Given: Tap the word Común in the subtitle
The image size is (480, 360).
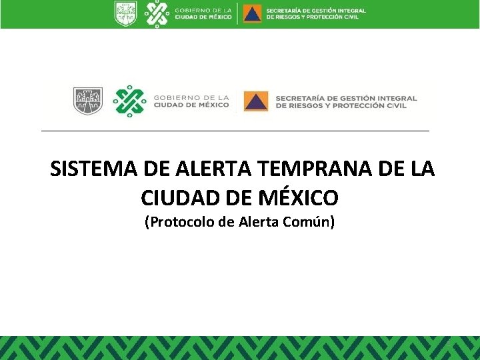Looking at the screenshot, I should [309, 222].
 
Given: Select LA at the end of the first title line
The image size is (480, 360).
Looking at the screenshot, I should [421, 169].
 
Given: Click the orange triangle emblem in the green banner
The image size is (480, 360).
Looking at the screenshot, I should [252, 13].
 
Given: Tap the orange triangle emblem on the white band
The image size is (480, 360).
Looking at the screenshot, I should [255, 101].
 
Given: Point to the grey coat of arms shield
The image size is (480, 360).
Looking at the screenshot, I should [88, 101].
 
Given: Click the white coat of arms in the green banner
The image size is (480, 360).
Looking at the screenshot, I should [125, 13].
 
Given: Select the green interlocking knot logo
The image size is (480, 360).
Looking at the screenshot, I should [129, 101].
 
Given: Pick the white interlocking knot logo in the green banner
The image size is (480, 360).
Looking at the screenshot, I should [157, 13].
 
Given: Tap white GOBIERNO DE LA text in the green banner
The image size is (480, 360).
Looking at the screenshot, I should [203, 10].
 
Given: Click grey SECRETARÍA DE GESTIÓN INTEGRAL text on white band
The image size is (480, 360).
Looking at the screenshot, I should [346, 97].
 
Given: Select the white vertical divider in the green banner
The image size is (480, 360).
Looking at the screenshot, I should [237, 13].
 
